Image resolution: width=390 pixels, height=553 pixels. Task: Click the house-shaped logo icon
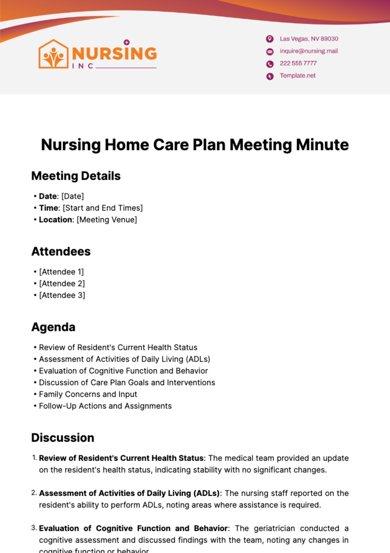tap(54, 54)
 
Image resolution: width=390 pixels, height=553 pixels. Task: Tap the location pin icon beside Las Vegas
tap(270, 39)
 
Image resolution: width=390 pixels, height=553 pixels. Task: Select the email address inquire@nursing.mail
tap(309, 51)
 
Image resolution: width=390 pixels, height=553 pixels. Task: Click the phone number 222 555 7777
tap(298, 63)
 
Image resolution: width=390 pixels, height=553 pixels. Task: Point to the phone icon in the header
tap(270, 64)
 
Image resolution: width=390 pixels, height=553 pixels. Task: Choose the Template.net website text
tap(297, 76)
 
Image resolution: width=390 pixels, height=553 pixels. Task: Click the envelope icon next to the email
tap(270, 51)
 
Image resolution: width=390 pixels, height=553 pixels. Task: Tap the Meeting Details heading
tap(76, 176)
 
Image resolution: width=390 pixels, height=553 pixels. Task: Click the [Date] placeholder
tap(72, 196)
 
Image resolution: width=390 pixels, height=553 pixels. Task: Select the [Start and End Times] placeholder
tap(103, 208)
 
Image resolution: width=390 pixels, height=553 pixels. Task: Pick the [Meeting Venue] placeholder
tap(107, 220)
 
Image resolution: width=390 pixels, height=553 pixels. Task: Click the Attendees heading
tap(61, 252)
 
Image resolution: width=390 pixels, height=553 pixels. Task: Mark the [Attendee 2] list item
tap(62, 283)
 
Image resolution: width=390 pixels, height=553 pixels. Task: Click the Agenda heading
tap(53, 327)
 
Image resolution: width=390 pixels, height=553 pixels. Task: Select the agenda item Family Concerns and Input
tap(88, 394)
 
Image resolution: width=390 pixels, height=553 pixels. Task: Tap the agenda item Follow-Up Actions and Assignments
tap(105, 406)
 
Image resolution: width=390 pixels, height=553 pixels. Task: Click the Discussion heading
tap(63, 438)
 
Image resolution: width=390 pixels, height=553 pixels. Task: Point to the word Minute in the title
tap(322, 145)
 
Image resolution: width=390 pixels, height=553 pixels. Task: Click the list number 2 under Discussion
tap(34, 493)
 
